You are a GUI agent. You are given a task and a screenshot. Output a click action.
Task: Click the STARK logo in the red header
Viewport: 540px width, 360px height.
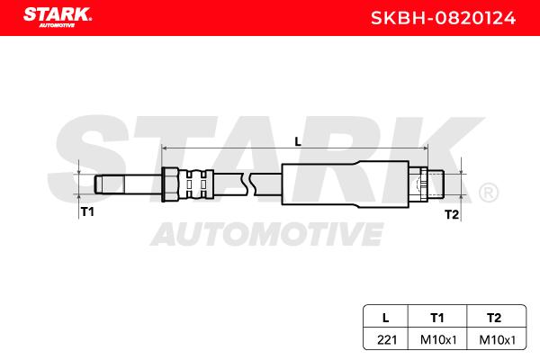pyautogui.click(x=58, y=16)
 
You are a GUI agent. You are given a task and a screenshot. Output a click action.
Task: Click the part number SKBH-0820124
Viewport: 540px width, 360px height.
pyautogui.click(x=443, y=18)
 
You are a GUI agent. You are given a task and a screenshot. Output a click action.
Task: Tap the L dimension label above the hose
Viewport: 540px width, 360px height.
pyautogui.click(x=298, y=141)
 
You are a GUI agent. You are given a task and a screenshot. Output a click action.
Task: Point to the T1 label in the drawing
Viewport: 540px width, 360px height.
pyautogui.click(x=87, y=211)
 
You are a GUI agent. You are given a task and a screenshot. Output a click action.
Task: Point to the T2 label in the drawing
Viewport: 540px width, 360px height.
pyautogui.click(x=452, y=214)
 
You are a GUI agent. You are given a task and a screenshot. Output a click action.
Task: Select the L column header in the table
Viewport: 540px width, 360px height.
pyautogui.click(x=386, y=318)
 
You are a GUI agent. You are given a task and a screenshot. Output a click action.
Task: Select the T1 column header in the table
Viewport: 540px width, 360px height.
pyautogui.click(x=437, y=318)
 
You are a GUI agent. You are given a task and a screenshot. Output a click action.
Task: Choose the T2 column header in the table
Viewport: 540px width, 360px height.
pyautogui.click(x=494, y=318)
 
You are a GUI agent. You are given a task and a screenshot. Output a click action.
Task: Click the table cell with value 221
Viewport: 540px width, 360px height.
pyautogui.click(x=387, y=339)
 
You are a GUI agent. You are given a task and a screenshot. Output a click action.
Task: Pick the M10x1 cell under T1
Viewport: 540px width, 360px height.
pyautogui.click(x=438, y=339)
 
